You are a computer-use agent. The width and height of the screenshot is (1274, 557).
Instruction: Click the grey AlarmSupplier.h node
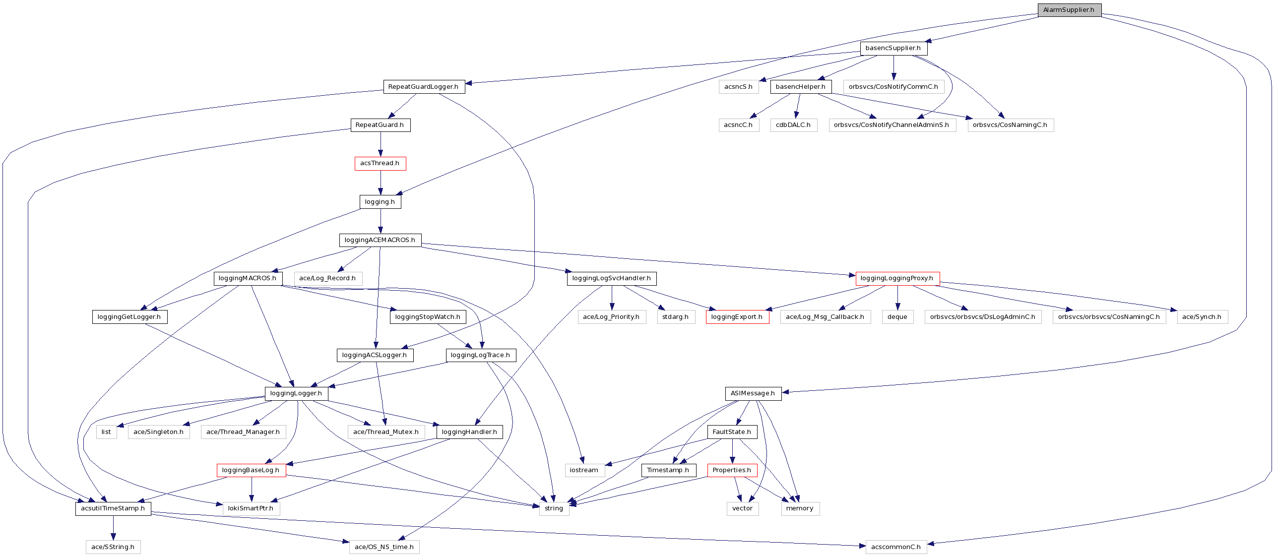point(1069,10)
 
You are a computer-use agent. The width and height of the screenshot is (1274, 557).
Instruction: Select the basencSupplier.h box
point(893,48)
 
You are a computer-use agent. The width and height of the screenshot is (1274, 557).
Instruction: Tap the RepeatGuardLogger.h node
point(423,87)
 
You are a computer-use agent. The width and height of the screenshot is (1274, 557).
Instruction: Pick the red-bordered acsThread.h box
point(380,163)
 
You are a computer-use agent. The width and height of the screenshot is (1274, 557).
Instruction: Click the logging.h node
point(380,202)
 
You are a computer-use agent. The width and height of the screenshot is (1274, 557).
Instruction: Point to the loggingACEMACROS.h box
point(380,240)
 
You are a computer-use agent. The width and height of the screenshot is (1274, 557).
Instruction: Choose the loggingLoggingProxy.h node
point(897,278)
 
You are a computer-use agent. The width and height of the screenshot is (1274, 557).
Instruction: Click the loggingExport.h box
point(737,317)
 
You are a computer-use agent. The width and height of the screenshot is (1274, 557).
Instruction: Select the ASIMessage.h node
point(753,393)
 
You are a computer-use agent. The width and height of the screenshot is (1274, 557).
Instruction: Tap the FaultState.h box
point(732,432)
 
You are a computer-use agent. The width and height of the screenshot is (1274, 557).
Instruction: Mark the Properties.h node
point(732,470)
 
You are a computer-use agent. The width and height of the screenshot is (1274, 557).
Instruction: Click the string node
point(554,508)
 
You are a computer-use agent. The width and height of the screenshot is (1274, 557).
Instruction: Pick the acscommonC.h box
point(896,547)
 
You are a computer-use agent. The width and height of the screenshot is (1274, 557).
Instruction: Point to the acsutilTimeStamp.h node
point(113,508)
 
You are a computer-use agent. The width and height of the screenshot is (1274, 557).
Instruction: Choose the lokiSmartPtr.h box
point(251,508)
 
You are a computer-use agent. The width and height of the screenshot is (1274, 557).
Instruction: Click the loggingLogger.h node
point(296,393)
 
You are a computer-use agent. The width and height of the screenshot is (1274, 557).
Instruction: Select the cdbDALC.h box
point(793,125)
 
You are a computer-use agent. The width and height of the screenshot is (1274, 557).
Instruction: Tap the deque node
point(897,317)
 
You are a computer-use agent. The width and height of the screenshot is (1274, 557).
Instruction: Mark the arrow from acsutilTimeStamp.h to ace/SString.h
point(113,528)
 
